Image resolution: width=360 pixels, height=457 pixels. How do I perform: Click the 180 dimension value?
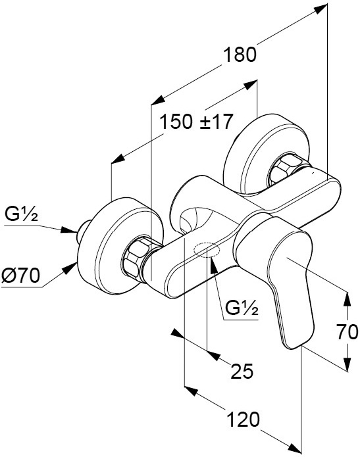240,55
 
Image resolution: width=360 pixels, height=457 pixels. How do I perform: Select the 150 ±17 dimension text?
197,122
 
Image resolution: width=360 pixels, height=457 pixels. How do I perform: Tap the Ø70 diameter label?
20,276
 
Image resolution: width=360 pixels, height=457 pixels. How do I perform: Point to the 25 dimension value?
242,372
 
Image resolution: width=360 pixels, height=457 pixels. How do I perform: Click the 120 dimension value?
243,420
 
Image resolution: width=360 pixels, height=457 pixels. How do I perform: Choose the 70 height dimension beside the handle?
347,332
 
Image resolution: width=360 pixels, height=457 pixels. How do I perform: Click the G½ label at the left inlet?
21,215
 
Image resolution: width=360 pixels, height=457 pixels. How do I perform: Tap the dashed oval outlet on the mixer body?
207,250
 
